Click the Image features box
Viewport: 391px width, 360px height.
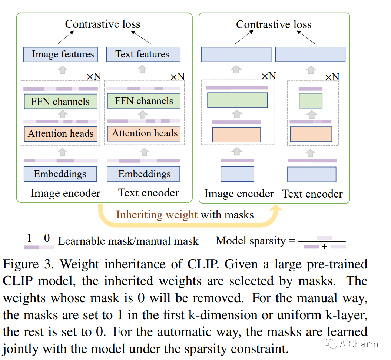61,55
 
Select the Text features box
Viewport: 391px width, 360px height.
143,54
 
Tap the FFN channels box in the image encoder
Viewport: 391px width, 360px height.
60,102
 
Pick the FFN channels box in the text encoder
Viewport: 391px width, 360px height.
144,101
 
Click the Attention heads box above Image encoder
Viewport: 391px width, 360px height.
61,134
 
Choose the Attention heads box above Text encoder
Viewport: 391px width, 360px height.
145,133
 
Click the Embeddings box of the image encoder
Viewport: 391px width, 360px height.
60,174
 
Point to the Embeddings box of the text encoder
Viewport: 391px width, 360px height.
144,174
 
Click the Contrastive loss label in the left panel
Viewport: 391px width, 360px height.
103,24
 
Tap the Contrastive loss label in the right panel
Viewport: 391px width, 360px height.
274,24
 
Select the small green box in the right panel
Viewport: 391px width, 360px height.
311,100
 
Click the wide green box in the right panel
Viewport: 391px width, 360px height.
238,100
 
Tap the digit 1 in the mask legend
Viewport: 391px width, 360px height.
30,238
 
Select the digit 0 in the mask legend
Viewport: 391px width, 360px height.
47,238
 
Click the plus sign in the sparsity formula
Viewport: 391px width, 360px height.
325,247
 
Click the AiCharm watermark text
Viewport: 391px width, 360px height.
358,344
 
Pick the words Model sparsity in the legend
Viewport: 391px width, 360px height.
251,241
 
